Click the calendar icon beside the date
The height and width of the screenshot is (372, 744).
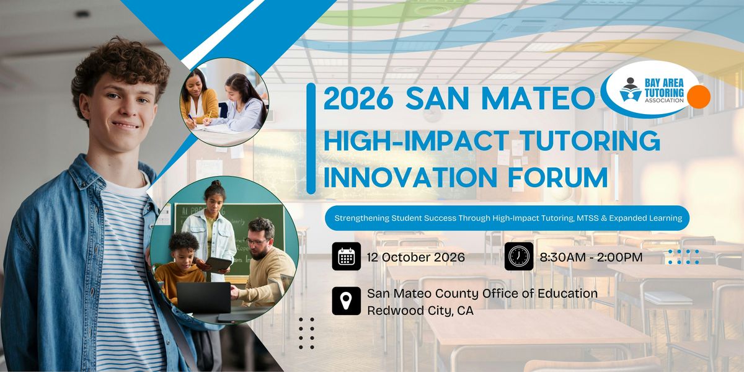[x=346, y=256]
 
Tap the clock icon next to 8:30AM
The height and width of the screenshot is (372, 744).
[x=519, y=256]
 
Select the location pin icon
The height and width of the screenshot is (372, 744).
[x=346, y=301]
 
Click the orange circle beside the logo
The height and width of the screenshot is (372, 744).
[x=699, y=97]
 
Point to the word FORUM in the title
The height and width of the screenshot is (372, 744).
[x=558, y=178]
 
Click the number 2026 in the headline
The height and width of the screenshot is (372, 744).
[x=359, y=99]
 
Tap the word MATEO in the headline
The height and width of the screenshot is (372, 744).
[x=538, y=99]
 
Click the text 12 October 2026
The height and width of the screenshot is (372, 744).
[x=416, y=257]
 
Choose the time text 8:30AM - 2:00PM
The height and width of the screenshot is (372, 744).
[x=591, y=257]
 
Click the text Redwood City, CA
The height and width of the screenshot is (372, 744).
[x=420, y=311]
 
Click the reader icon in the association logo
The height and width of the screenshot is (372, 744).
[x=630, y=90]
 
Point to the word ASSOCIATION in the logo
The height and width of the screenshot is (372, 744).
[x=664, y=100]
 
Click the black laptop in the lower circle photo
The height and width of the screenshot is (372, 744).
[x=203, y=298]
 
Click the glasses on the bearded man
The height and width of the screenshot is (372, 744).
[x=257, y=241]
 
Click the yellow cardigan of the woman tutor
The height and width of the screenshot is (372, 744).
[x=199, y=105]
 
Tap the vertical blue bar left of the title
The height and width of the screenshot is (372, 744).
[x=311, y=138]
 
